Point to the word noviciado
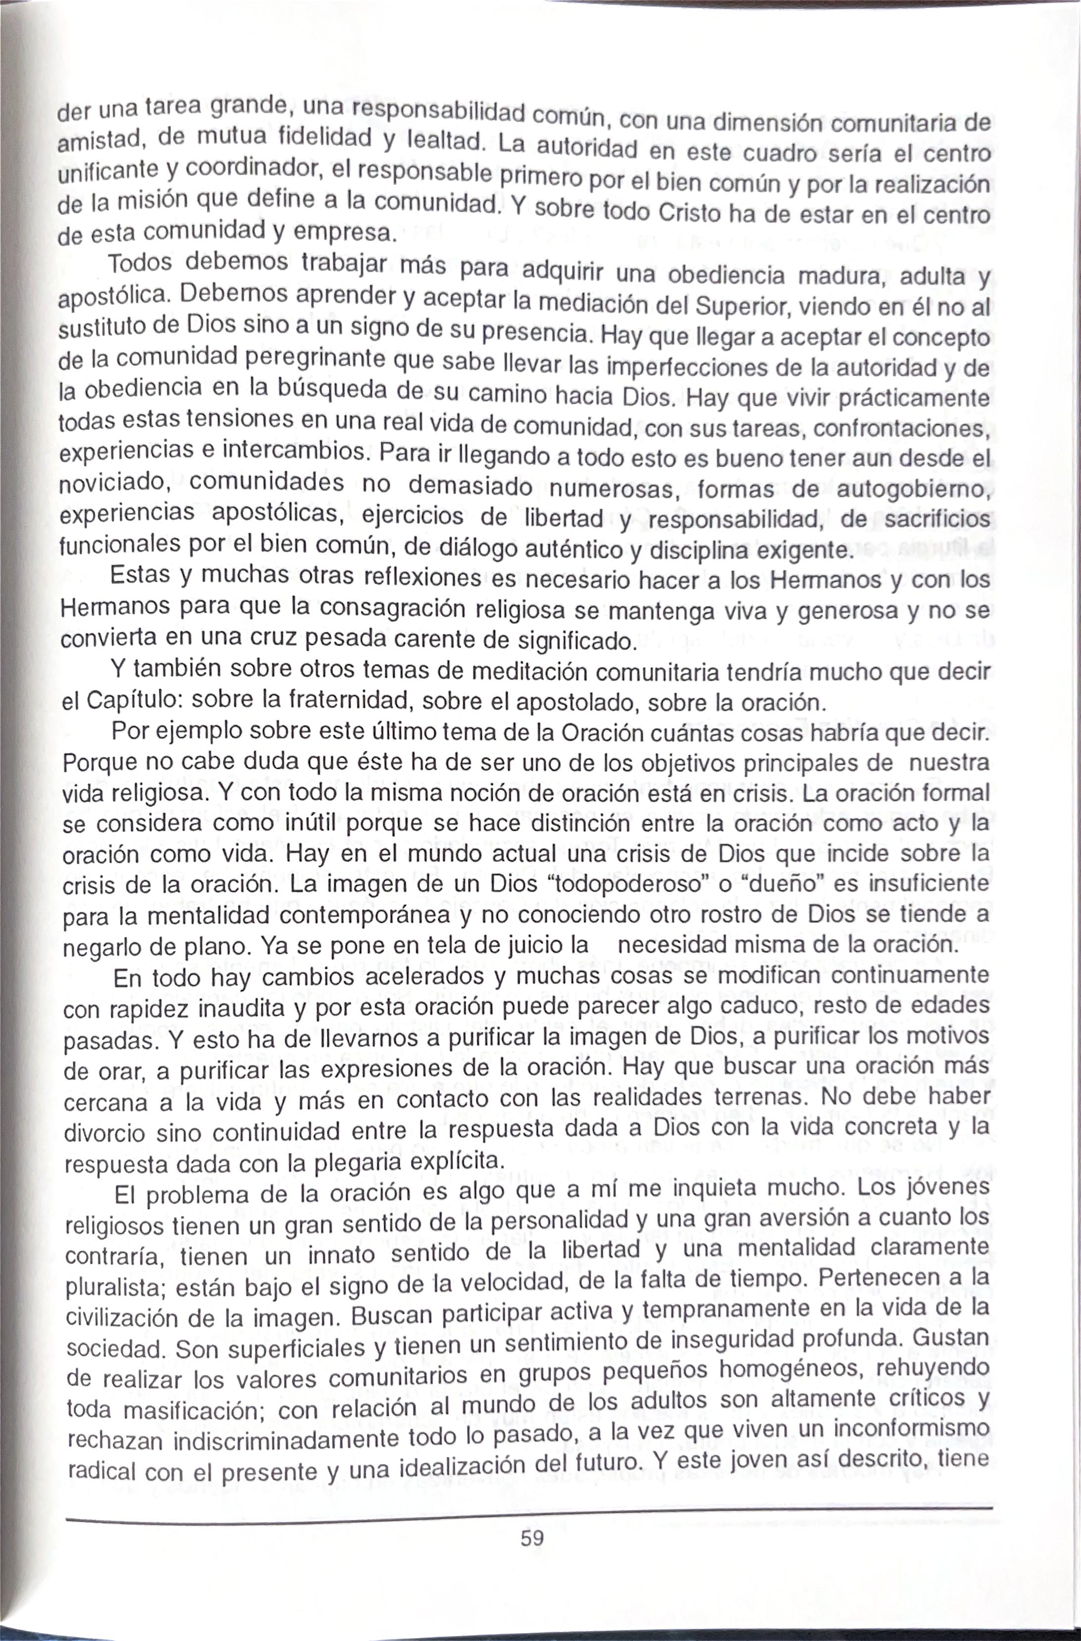tap(115, 482)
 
